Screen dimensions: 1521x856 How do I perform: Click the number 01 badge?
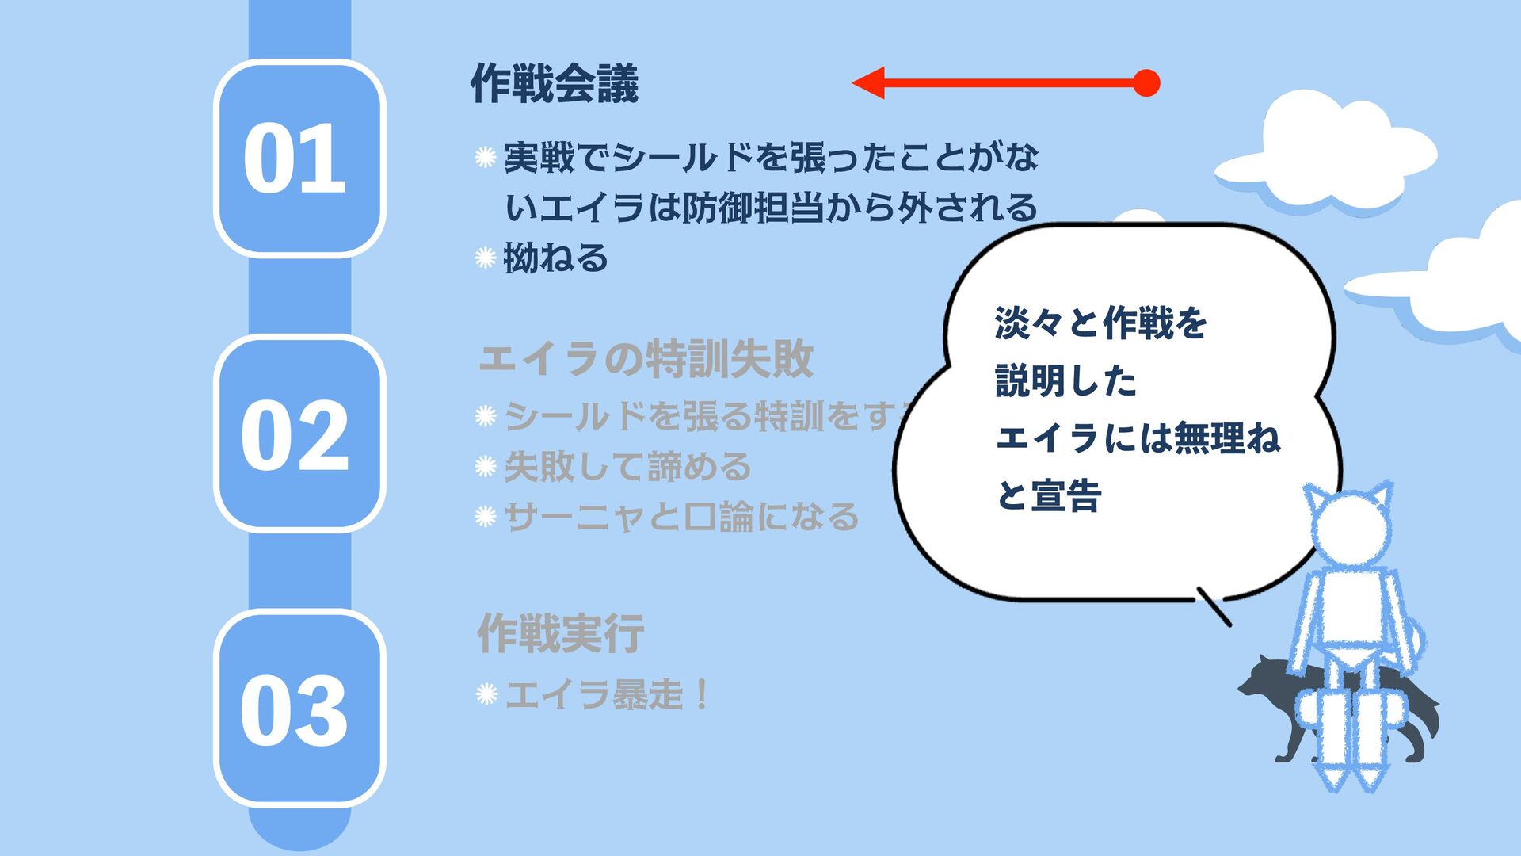click(299, 158)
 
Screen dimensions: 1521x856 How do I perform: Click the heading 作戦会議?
click(555, 84)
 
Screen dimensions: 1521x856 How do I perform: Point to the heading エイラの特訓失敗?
click(646, 359)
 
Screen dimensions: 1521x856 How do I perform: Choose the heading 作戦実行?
click(560, 634)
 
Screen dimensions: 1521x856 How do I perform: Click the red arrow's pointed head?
click(868, 82)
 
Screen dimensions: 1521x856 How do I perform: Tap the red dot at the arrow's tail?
click(1146, 82)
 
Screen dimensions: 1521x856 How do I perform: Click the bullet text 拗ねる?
click(556, 258)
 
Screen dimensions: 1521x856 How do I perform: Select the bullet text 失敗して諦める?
click(627, 466)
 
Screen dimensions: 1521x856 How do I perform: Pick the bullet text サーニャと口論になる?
click(681, 517)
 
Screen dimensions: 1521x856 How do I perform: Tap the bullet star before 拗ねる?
click(485, 258)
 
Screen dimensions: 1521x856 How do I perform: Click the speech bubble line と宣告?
click(1048, 496)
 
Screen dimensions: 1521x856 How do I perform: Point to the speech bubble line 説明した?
click(1065, 381)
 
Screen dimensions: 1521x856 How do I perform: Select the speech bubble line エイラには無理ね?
click(1137, 438)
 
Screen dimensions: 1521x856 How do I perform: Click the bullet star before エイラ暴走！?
click(486, 694)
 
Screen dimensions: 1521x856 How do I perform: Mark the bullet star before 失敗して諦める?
click(485, 466)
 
